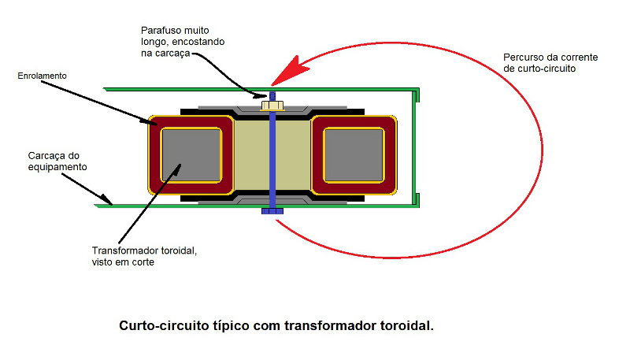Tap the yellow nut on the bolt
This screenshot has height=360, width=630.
(270, 106)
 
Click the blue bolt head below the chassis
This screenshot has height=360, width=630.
(270, 211)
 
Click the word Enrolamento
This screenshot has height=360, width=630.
(42, 76)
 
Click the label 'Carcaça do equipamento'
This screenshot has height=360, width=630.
(53, 161)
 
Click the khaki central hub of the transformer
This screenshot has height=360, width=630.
(252, 154)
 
